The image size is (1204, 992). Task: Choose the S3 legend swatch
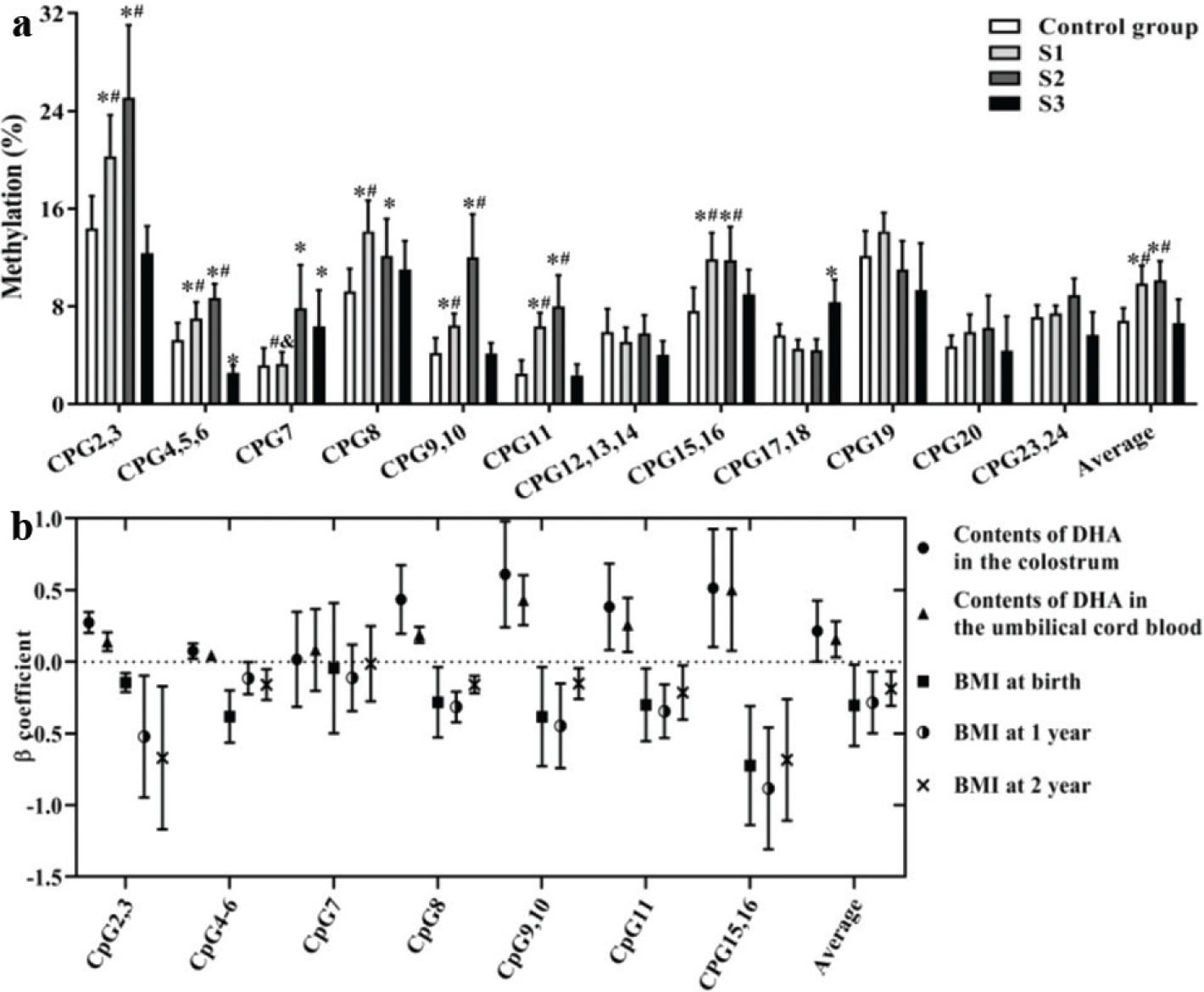coord(1006,103)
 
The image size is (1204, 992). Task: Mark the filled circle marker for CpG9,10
coord(505,574)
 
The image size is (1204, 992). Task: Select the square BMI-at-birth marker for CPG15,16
coord(750,766)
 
